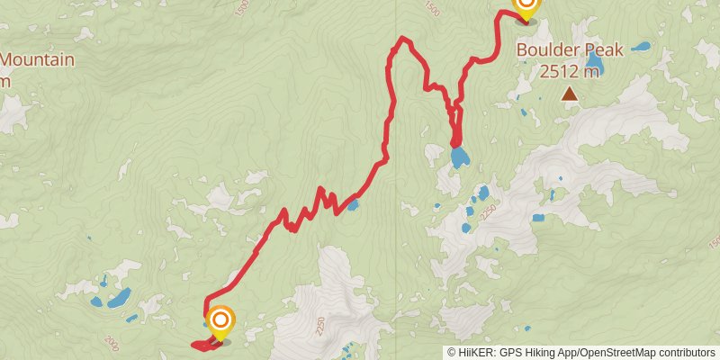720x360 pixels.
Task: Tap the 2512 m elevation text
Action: [570, 71]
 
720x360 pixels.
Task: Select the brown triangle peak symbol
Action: [570, 93]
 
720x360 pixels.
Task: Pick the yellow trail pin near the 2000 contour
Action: [220, 323]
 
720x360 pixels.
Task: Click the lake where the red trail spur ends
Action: [459, 158]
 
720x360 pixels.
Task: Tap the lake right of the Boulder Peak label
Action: [641, 46]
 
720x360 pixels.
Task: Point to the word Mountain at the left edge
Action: [36, 60]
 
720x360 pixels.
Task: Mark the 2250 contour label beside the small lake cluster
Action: [489, 212]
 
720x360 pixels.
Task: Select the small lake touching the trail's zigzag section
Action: [353, 205]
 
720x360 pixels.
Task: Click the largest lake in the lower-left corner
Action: [119, 297]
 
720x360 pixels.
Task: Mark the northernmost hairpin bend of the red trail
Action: [404, 40]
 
